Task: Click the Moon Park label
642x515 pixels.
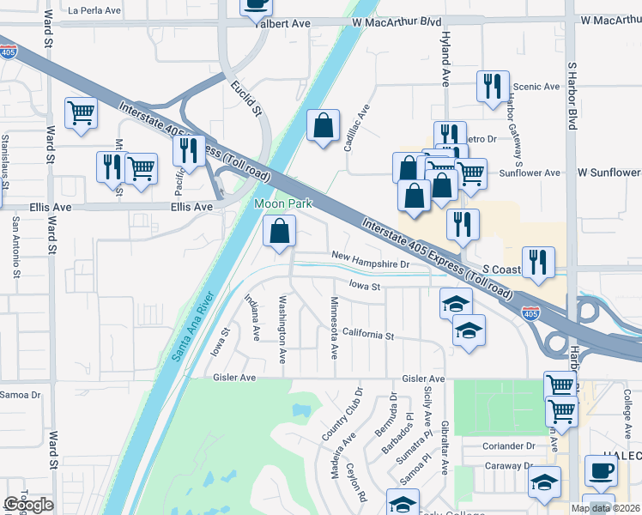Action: pyautogui.click(x=282, y=203)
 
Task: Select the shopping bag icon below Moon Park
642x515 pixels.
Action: pyautogui.click(x=279, y=231)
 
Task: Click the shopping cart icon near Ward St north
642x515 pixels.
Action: pyautogui.click(x=81, y=112)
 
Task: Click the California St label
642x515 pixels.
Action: pyautogui.click(x=366, y=335)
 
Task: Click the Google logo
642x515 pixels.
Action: pyautogui.click(x=28, y=505)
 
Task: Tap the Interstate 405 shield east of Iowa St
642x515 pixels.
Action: pyautogui.click(x=532, y=315)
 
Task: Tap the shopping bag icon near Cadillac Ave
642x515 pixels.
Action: pyautogui.click(x=323, y=125)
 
